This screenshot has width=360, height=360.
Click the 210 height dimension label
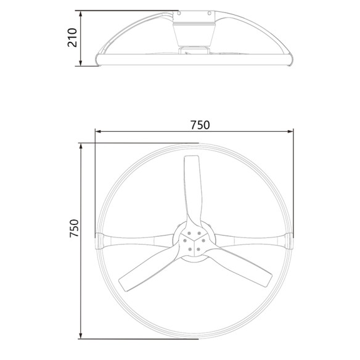pos(73,38)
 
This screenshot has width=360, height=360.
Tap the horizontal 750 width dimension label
pos(200,125)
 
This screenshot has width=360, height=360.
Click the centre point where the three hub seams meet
pos(194,240)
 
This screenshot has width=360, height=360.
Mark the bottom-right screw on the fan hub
pos(197,249)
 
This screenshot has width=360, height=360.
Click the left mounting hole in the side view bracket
pos(178,12)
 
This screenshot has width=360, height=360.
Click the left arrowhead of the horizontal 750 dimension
pos(97,131)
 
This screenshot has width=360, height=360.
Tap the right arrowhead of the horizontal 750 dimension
pos(291,131)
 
